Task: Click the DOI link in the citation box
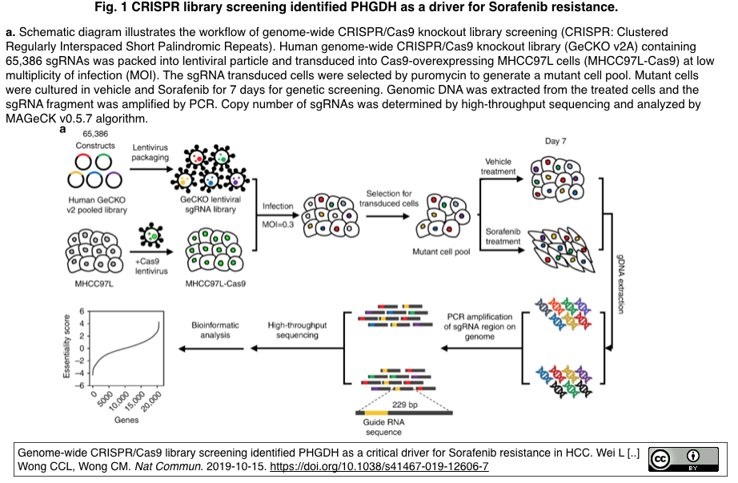click(x=379, y=466)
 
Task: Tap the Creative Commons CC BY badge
click(x=684, y=460)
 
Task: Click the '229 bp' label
click(x=405, y=405)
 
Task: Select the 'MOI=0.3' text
click(x=278, y=224)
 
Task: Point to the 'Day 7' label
click(x=556, y=141)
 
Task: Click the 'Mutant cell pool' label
click(x=441, y=252)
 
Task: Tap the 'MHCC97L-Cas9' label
click(x=215, y=284)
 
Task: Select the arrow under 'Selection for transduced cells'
click(x=388, y=216)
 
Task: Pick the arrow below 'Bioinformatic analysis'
click(x=211, y=348)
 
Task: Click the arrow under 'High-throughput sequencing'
click(x=298, y=348)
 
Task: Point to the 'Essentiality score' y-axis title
click(x=66, y=346)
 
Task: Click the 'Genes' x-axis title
click(x=126, y=420)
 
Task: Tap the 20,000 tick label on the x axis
click(x=151, y=402)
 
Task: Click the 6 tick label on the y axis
click(x=82, y=311)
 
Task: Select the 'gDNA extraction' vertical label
click(x=620, y=284)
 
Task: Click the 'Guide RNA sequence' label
click(x=383, y=428)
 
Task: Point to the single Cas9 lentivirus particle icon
click(x=151, y=235)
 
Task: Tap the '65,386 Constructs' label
click(x=95, y=140)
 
